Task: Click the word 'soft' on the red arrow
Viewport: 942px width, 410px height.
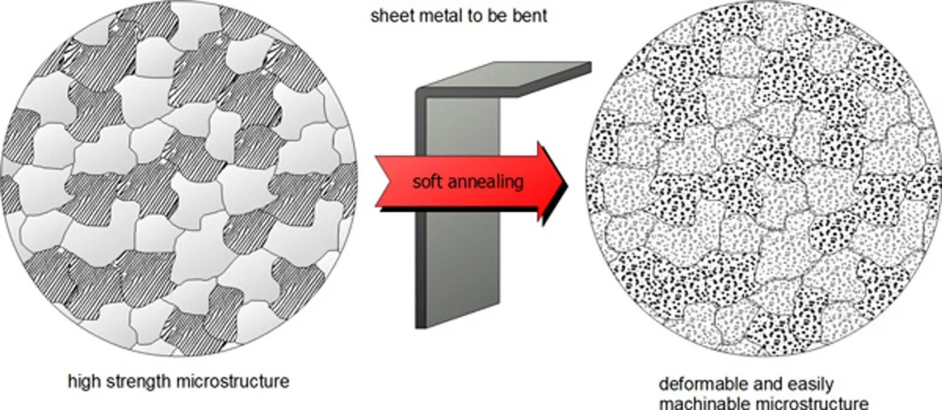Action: [426, 181]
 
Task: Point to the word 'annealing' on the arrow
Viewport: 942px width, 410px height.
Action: [483, 182]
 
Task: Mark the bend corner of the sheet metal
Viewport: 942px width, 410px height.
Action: [421, 92]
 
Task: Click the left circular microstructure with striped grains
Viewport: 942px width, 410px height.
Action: [178, 178]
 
